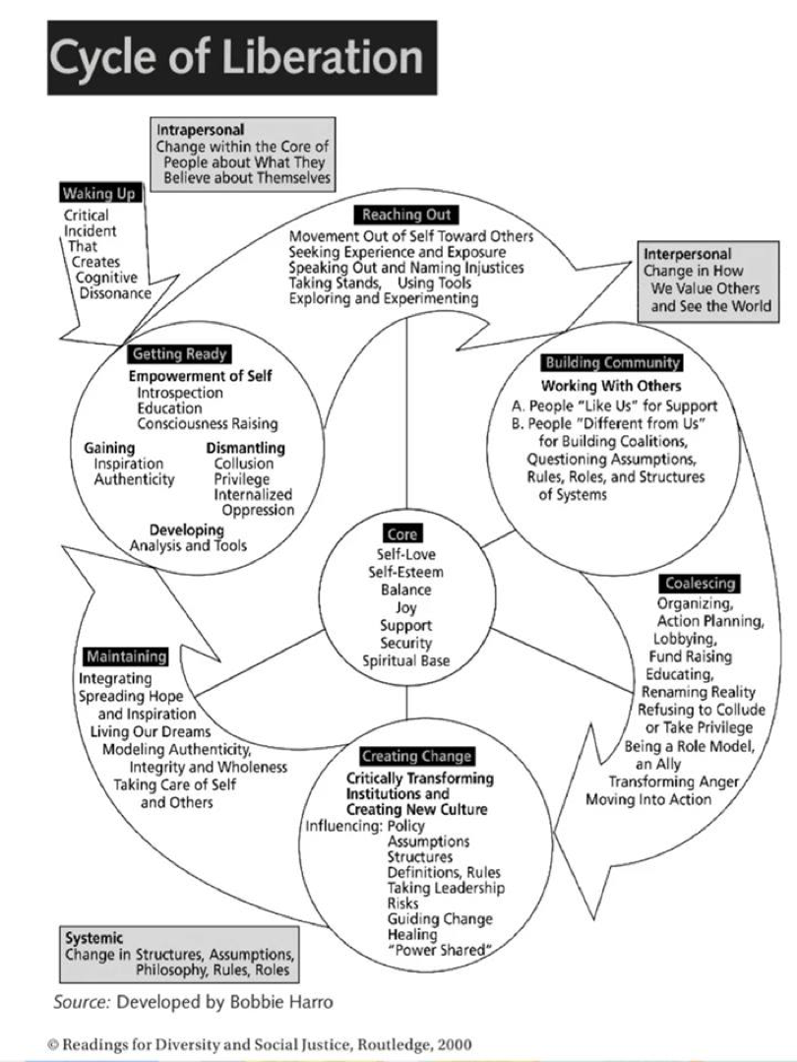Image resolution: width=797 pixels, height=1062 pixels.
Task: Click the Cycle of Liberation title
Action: [x=236, y=58]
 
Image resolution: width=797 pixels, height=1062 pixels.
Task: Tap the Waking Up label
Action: [x=99, y=194]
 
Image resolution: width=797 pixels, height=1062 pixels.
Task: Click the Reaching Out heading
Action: [x=408, y=215]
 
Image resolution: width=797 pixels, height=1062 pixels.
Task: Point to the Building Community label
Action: [x=611, y=362]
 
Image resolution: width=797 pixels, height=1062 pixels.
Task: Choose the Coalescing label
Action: [x=700, y=584]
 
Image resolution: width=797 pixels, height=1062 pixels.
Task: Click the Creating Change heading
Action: [x=416, y=757]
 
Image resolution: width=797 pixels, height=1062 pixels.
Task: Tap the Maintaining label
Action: [x=125, y=656]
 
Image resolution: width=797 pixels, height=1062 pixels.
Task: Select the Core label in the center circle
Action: [x=402, y=534]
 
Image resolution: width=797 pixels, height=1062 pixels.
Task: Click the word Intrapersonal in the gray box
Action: [x=200, y=130]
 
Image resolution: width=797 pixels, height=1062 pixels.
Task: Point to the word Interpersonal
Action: [x=687, y=254]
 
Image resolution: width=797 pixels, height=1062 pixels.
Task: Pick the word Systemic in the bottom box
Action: [x=93, y=938]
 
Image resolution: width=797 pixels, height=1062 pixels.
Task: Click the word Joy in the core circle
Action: [x=406, y=608]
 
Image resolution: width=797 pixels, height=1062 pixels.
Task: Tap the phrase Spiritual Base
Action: [x=405, y=660]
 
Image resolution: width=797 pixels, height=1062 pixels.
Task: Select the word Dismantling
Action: [x=245, y=448]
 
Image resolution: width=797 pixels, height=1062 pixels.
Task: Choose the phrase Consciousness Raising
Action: [x=208, y=423]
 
